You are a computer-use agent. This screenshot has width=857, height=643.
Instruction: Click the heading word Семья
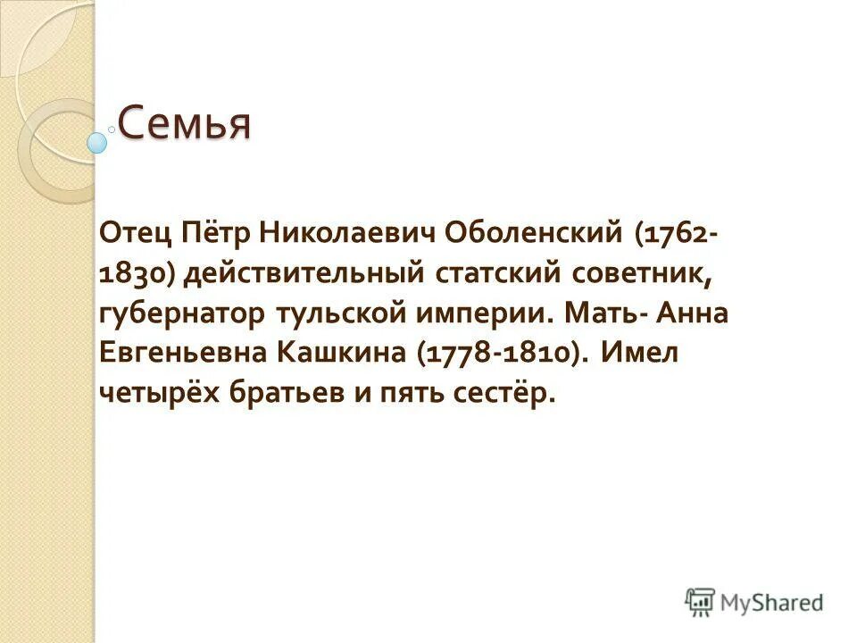[185, 124]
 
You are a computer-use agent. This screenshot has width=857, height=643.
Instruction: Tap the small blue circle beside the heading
[97, 141]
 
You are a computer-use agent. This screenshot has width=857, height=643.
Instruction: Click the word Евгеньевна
[187, 354]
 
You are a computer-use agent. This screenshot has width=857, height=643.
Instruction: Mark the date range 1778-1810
[497, 354]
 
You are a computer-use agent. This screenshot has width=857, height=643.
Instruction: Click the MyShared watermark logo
[754, 602]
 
